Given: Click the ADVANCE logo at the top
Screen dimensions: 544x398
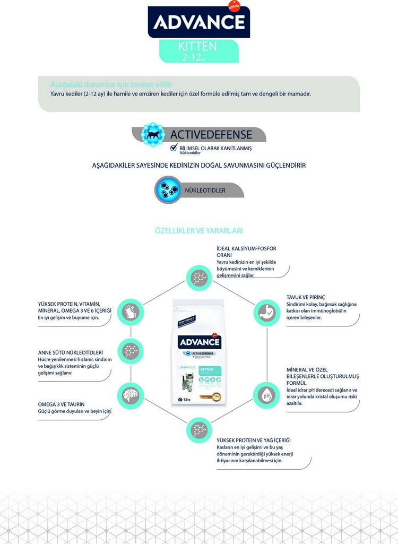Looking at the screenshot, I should [199, 22].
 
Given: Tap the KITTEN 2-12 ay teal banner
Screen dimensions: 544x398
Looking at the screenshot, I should [198, 51].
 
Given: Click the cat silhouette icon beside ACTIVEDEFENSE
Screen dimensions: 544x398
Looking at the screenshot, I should [153, 135].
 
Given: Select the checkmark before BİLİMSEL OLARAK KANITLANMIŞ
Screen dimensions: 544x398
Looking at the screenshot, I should [174, 148].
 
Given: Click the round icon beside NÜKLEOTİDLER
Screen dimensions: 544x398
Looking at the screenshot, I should [168, 189].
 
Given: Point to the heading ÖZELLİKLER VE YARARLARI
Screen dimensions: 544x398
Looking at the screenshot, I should [199, 231].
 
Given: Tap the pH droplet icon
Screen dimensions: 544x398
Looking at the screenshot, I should [266, 395].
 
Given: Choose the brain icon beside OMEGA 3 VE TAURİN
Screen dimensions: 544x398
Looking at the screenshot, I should [130, 395].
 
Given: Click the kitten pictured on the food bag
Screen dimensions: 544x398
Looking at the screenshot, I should [188, 381].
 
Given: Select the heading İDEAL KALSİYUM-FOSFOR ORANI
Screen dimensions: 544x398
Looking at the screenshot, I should [246, 252].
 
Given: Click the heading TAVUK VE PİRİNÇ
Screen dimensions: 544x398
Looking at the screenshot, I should [305, 297].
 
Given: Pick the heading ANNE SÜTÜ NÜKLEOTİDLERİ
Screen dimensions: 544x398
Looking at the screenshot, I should [71, 352].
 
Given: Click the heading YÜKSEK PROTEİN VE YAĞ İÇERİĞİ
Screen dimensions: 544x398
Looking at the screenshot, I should [254, 440].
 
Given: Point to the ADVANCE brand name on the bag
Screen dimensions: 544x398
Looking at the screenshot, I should [199, 342].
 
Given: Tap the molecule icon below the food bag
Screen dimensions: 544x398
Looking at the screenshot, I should [199, 429].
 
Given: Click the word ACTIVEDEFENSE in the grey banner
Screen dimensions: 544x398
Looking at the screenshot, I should [211, 135].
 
